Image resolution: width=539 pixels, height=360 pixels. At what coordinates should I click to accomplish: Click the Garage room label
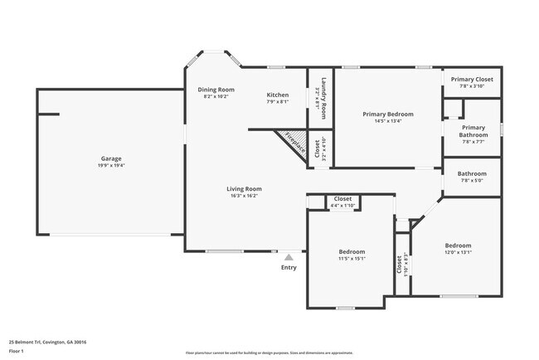point(112,158)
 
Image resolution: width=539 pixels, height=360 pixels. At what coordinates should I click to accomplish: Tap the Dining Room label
point(216,90)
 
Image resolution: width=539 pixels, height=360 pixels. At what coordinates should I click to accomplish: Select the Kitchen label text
point(278,95)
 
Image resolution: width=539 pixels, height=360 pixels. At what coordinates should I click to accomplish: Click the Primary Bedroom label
point(388,114)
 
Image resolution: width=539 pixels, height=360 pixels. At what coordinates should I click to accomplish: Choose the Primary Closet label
point(472,79)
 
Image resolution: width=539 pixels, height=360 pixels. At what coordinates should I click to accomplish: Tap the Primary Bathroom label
point(473,131)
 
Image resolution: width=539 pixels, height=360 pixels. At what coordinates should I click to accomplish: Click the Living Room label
point(245,189)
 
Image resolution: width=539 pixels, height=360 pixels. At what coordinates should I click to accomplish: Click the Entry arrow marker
point(289,257)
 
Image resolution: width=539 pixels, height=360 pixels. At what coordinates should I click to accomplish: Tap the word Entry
point(289,267)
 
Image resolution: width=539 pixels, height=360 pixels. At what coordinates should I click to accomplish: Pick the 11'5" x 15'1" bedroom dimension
point(352,258)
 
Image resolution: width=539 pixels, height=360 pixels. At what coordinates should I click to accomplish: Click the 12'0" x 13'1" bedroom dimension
point(458,252)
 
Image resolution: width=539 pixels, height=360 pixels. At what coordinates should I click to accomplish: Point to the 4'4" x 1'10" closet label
point(342,205)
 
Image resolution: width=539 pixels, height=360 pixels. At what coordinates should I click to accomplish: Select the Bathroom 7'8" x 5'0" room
point(472,177)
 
